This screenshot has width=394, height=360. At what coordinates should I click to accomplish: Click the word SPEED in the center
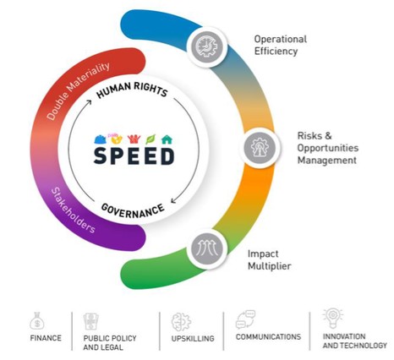point(134,155)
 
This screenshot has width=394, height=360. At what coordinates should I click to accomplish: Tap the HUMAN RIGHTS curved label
point(132,90)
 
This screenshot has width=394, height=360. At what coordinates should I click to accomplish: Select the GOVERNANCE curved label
point(133,210)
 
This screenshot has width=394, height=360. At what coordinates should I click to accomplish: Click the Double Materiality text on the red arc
point(78,90)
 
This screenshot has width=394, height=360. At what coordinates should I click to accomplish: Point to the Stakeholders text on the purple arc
point(73,210)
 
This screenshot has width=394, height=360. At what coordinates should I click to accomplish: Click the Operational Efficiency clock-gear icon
point(207,46)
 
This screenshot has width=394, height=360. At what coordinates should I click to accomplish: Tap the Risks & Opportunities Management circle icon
point(260,147)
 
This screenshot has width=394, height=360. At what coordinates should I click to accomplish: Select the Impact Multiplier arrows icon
point(207,248)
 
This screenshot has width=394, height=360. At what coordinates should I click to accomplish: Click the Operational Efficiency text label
point(281,45)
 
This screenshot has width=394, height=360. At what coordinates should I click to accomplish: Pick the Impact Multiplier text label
point(269,259)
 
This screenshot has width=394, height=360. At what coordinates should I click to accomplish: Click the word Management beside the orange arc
point(327,161)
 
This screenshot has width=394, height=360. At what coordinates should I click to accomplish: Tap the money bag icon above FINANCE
point(37,321)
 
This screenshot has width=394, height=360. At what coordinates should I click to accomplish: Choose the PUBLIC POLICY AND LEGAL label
point(110,342)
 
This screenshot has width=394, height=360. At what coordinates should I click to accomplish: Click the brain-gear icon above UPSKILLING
point(181,322)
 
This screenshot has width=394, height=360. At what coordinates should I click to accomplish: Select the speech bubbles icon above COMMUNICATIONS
point(245,319)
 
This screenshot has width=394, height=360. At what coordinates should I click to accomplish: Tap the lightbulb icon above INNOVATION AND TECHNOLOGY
point(333,318)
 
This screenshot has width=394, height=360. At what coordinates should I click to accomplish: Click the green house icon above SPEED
point(167,139)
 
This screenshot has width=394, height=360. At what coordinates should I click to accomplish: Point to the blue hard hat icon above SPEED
point(100,139)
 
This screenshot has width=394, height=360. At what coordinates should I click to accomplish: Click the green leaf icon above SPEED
point(150,139)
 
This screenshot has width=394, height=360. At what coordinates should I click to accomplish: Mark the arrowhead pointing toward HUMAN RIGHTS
point(89,102)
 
